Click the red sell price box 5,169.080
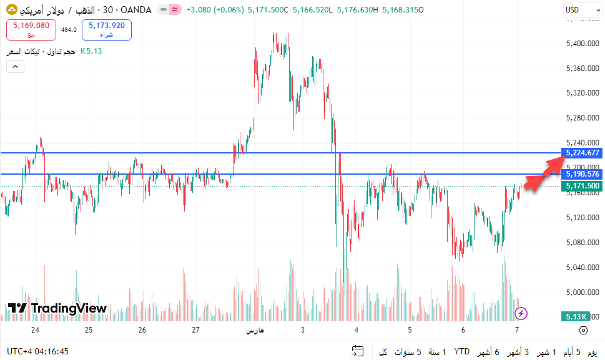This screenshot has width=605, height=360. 31,29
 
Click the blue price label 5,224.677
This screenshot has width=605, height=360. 583,153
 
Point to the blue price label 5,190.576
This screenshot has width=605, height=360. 583,174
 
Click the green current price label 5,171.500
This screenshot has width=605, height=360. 583,186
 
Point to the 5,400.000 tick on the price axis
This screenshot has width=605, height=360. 582,44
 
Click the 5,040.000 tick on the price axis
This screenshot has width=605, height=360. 582,268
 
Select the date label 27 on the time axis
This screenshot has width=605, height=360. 196,330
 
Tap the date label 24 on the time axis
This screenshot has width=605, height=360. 35,330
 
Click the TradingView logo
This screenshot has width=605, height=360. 57,308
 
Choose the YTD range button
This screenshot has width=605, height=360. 462,352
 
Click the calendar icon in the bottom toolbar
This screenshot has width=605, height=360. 358,352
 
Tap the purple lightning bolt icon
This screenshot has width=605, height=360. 521,313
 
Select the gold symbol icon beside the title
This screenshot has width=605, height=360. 11,10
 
